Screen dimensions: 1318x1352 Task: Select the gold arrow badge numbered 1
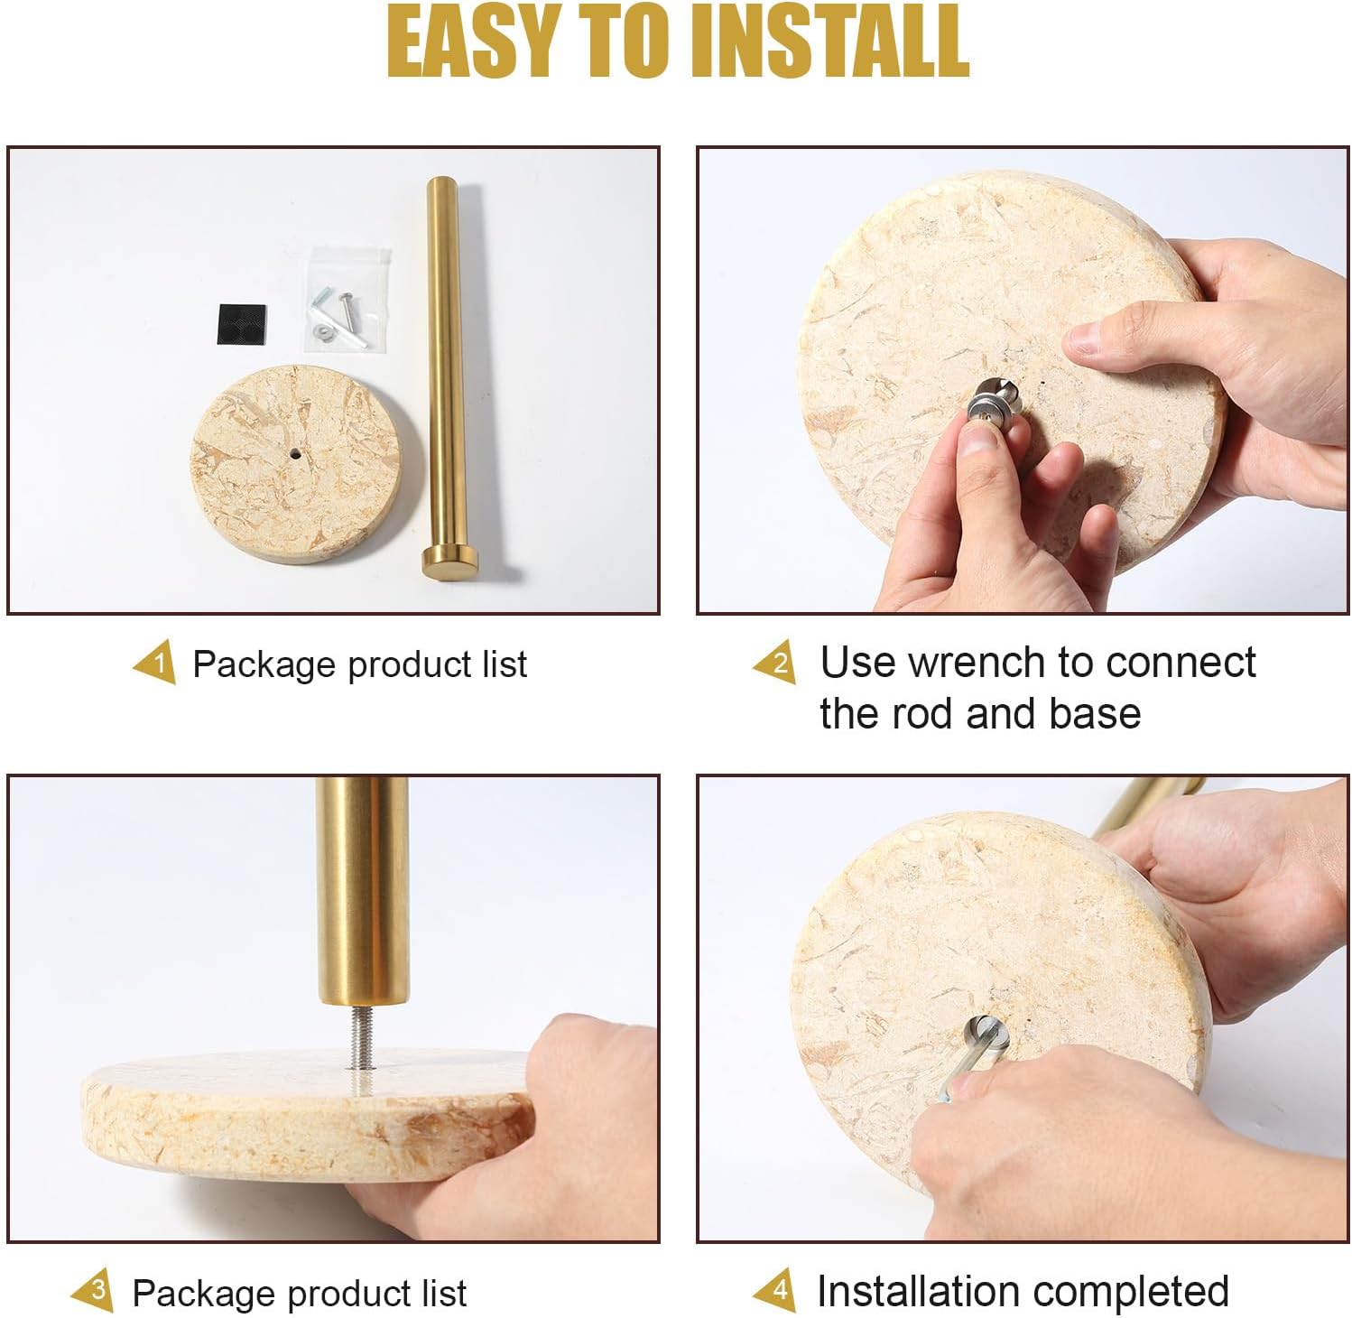click(155, 664)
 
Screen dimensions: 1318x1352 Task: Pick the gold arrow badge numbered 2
click(776, 664)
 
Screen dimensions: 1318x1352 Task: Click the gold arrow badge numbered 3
click(94, 1292)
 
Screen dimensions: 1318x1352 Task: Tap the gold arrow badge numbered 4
click(776, 1290)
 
